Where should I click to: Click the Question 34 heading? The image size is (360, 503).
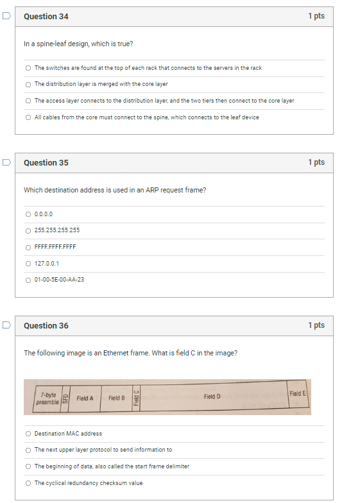click(46, 17)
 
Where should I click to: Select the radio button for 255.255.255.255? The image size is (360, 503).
click(28, 230)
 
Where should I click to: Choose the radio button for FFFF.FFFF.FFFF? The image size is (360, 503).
click(28, 247)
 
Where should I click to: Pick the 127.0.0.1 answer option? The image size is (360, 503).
click(47, 263)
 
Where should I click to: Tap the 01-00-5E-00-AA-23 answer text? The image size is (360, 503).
click(59, 280)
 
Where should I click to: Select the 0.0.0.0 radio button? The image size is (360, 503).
click(28, 214)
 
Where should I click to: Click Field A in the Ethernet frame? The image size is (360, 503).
click(85, 398)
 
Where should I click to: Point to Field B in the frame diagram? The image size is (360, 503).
click(116, 398)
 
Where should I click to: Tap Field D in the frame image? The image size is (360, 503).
click(212, 397)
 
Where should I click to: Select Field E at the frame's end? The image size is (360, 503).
click(298, 393)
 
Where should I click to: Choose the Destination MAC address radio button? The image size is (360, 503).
click(28, 434)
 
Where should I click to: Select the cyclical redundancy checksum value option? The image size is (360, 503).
click(28, 483)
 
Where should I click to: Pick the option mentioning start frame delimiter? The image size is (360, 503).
click(28, 466)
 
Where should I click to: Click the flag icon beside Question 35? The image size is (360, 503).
click(6, 162)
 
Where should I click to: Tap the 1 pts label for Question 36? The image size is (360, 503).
click(316, 325)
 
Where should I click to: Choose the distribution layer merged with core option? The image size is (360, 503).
click(28, 84)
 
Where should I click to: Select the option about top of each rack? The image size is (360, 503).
click(28, 68)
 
